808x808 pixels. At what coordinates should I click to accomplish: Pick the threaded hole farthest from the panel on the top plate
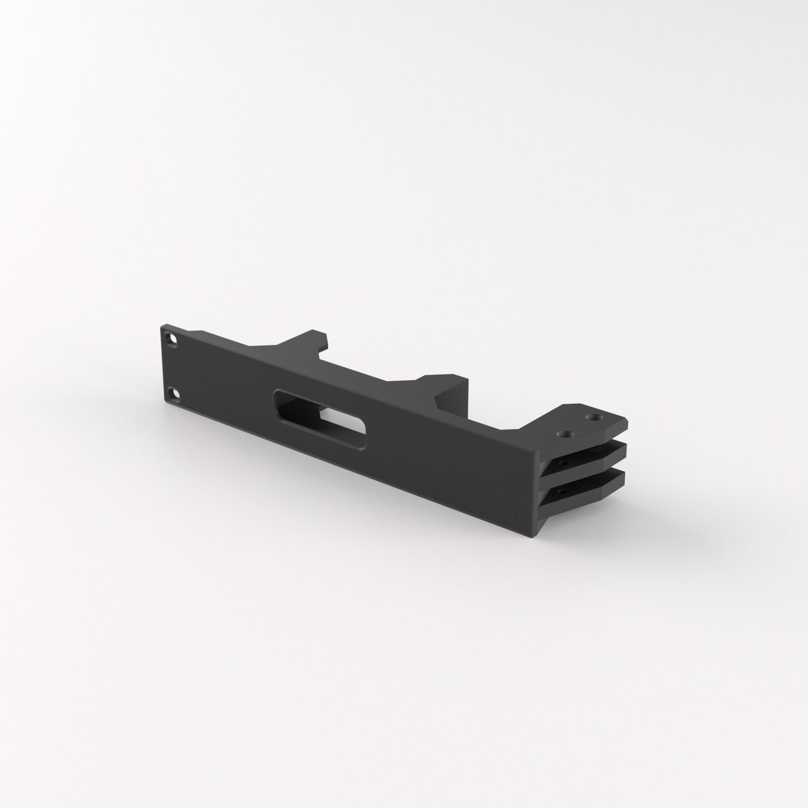591,417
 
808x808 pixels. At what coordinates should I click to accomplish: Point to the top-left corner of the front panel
163,325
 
